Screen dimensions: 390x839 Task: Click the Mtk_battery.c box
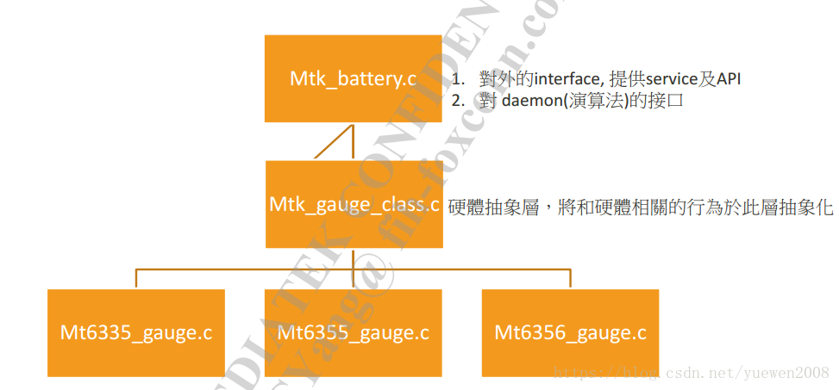click(x=353, y=78)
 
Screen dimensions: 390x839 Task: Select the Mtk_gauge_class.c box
click(x=353, y=204)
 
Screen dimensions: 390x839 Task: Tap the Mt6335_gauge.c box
click(x=136, y=332)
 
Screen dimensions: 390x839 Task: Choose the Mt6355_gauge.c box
click(x=353, y=332)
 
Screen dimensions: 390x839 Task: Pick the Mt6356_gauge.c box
click(x=570, y=332)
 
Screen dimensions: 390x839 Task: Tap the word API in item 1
click(x=729, y=79)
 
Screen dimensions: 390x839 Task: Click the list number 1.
click(x=458, y=79)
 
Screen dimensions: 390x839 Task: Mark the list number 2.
click(x=458, y=99)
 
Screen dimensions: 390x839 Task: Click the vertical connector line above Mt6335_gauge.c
click(x=136, y=278)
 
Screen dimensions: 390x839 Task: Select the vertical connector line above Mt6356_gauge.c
click(x=570, y=278)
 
